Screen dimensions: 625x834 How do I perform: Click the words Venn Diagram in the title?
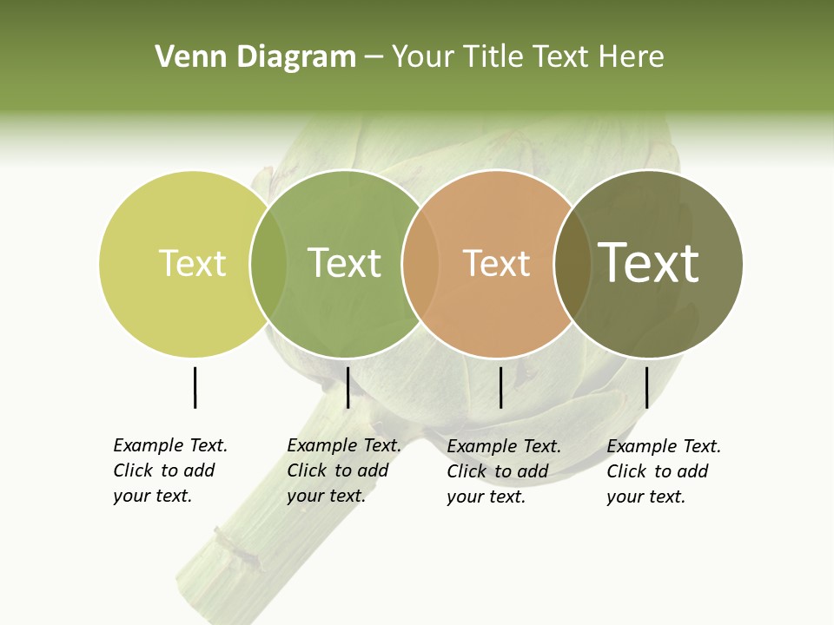click(x=255, y=57)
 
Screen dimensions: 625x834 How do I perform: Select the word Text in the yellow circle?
click(x=192, y=263)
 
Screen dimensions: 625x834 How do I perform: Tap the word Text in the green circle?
click(x=345, y=263)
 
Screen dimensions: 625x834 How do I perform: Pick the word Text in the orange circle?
click(x=496, y=263)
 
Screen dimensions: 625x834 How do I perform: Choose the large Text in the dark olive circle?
click(x=649, y=262)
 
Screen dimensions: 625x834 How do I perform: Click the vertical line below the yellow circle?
click(x=195, y=387)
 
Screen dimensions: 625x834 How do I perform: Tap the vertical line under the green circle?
click(x=347, y=387)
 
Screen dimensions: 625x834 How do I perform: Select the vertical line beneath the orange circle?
click(x=500, y=387)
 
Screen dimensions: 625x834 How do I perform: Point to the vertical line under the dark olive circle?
click(x=646, y=387)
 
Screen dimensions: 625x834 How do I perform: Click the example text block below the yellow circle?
click(x=169, y=470)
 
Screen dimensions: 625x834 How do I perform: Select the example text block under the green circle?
click(x=343, y=470)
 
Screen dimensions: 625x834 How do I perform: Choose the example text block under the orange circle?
click(x=503, y=471)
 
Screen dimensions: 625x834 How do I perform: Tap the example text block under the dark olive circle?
click(x=663, y=471)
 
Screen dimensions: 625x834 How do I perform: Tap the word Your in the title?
click(x=422, y=57)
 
